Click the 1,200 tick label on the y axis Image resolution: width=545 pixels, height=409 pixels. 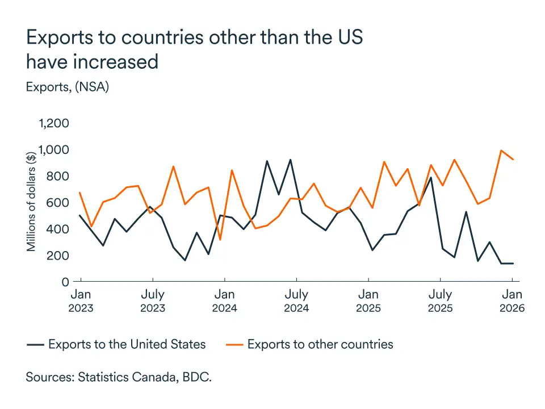(x=53, y=123)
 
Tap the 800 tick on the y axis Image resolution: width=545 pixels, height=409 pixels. (x=58, y=176)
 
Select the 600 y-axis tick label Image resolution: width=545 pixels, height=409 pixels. (x=58, y=203)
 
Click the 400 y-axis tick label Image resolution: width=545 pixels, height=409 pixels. (x=58, y=229)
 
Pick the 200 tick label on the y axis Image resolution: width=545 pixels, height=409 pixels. (x=58, y=256)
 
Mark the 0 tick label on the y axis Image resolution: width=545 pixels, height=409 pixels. (x=65, y=282)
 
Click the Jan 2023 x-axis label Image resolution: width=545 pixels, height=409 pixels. (x=81, y=301)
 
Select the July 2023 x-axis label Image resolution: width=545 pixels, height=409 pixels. (x=153, y=301)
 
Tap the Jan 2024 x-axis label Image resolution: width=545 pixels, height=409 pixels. (x=225, y=301)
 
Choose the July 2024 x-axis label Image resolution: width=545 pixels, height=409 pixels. (x=296, y=301)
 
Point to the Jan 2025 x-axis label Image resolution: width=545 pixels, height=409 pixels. (x=368, y=301)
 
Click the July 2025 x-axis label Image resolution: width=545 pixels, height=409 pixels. (x=440, y=301)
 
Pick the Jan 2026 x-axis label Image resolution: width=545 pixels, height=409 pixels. (x=512, y=301)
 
